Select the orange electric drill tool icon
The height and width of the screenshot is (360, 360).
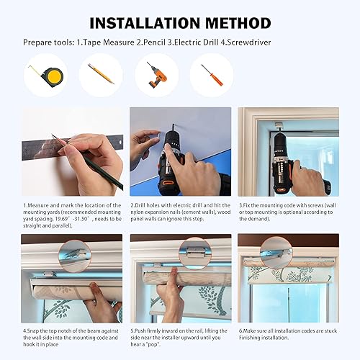(156, 74)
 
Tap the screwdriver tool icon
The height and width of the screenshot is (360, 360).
(210, 74)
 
